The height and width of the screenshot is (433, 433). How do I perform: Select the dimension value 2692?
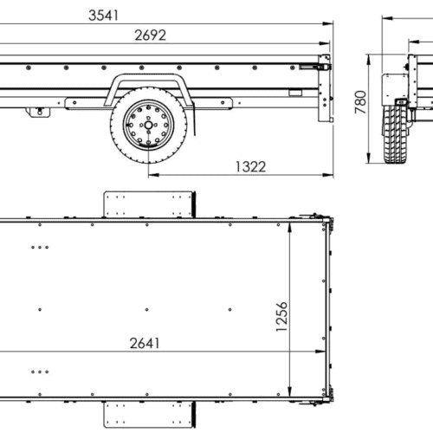click(x=150, y=36)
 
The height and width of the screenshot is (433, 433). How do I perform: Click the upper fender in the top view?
click(x=148, y=204)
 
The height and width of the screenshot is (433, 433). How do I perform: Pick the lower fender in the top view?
click(x=148, y=414)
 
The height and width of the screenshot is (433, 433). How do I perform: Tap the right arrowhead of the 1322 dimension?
click(x=330, y=175)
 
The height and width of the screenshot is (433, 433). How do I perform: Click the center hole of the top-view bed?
click(x=147, y=309)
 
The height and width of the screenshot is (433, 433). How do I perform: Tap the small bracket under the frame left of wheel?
click(x=36, y=111)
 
